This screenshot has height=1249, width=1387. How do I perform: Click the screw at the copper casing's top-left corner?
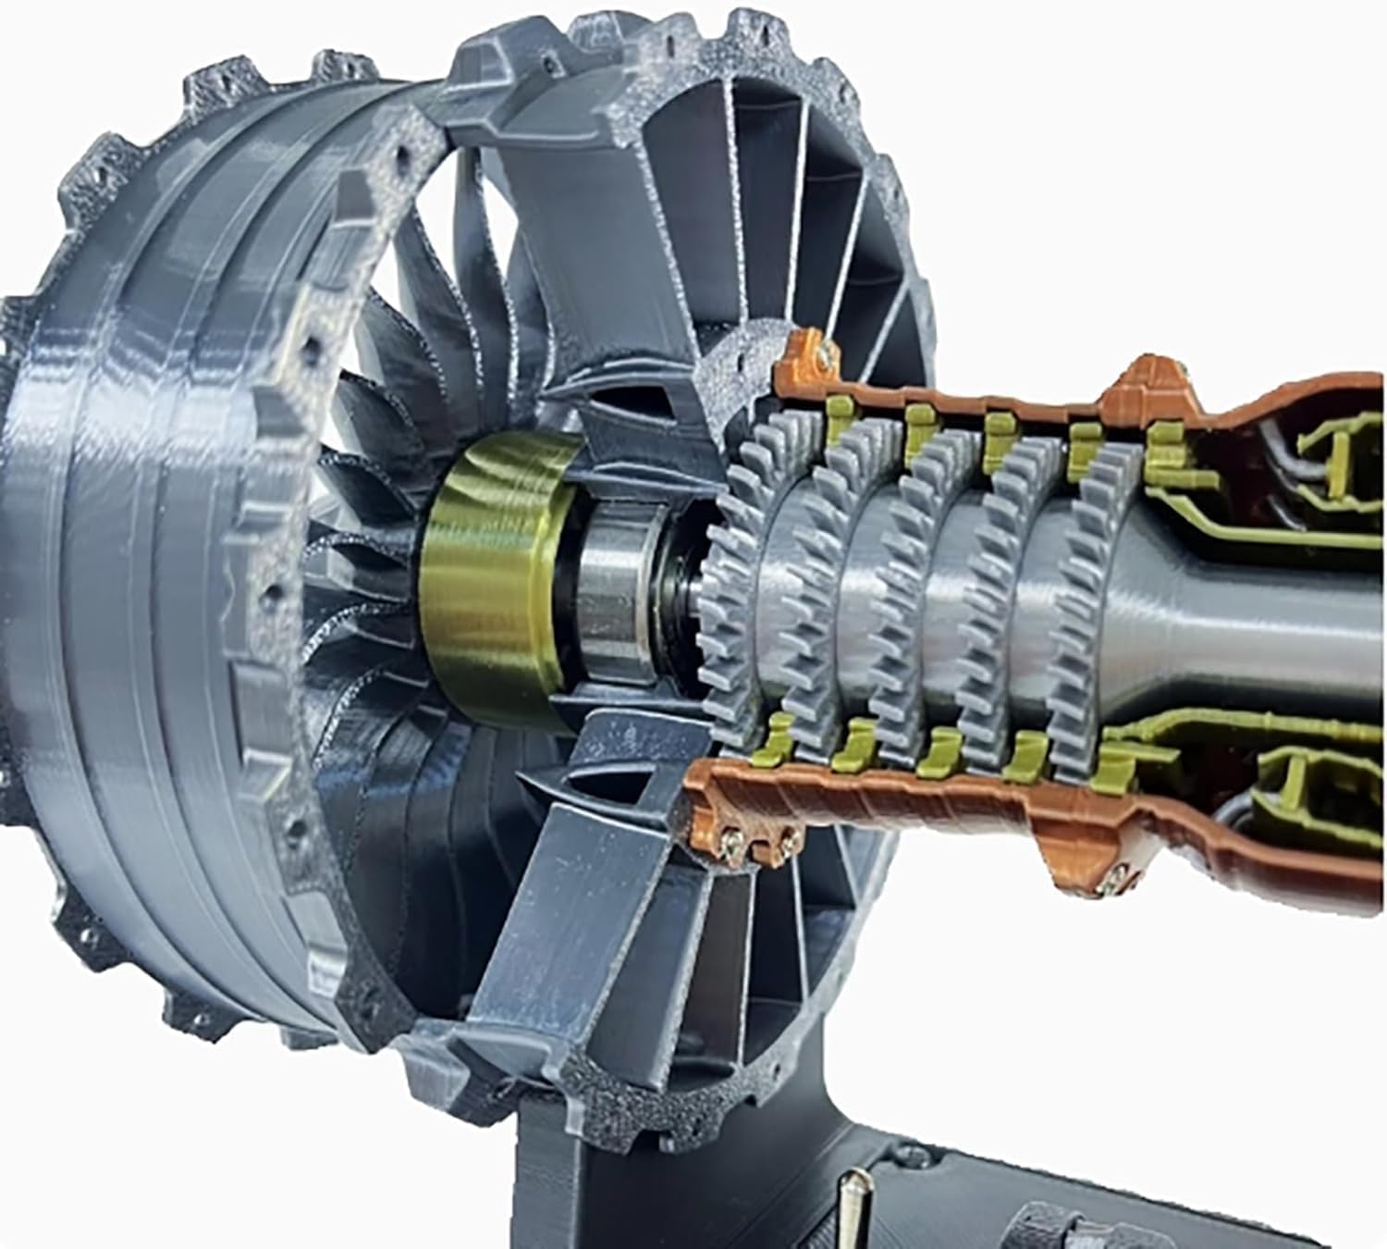click(822, 350)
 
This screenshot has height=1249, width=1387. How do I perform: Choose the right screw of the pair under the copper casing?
click(789, 839)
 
